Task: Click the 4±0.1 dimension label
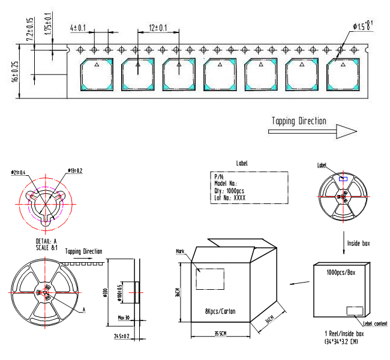(x=78, y=28)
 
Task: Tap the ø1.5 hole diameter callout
(x=364, y=25)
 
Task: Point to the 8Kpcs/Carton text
(x=219, y=312)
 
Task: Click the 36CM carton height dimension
(x=179, y=292)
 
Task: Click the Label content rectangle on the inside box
(x=355, y=310)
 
